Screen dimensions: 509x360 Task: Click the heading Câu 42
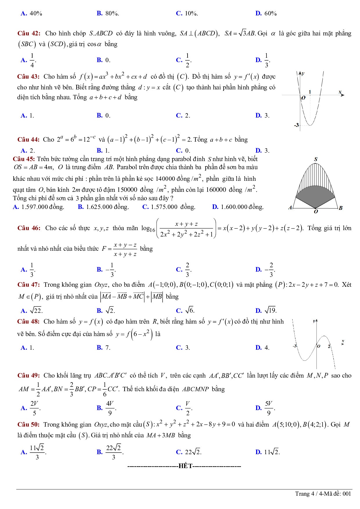29,33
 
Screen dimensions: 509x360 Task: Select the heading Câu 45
24,159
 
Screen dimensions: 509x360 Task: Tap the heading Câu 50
28,425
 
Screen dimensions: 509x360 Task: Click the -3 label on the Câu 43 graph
296,125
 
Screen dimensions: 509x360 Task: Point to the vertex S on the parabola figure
316,159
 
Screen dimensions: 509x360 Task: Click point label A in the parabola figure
290,207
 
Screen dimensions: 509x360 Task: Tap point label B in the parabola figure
341,208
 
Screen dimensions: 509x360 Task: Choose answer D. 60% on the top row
266,13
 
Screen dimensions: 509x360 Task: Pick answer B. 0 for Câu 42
104,60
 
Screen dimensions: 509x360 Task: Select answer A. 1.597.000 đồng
39,207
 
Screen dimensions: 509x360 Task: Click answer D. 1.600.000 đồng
238,207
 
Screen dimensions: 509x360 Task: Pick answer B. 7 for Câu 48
104,348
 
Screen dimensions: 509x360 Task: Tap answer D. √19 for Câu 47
266,311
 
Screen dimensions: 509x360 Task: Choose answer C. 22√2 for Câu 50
189,452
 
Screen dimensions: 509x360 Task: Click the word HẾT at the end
185,466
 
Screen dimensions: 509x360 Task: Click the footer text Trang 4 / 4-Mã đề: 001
323,494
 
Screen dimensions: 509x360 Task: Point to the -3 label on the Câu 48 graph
295,346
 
